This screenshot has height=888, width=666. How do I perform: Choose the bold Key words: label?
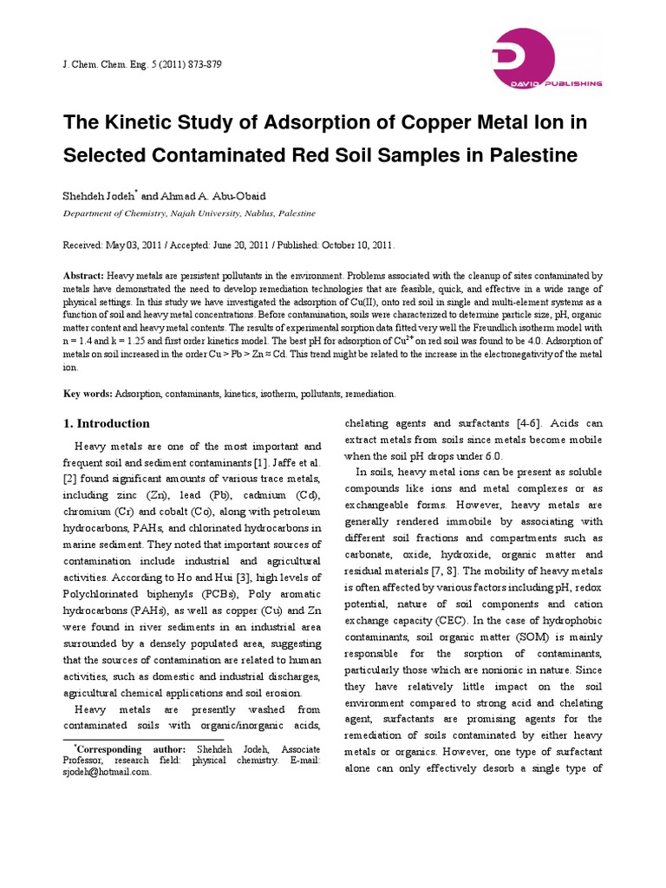[88, 394]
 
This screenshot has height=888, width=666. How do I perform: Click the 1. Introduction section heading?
[107, 424]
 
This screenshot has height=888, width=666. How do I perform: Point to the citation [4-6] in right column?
[525, 423]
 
